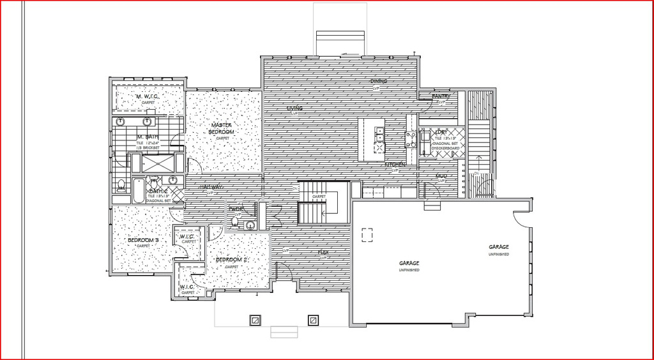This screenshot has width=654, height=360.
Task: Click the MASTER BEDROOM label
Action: coord(222,128)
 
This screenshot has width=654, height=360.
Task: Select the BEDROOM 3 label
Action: coord(143,241)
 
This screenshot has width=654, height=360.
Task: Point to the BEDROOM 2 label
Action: coord(231,260)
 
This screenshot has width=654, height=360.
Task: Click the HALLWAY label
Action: coord(211,186)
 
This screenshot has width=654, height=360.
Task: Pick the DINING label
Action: coord(379,82)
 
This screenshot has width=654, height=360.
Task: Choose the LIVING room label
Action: coord(294,109)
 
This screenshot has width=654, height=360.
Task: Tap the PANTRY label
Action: coord(441,97)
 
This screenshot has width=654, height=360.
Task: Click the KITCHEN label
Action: coord(395,165)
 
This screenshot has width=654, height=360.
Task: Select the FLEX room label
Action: coord(324,253)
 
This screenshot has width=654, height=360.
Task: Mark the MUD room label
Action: coord(441,176)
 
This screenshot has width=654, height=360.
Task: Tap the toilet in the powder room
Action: coord(235,221)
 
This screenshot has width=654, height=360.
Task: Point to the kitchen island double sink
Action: coord(379,135)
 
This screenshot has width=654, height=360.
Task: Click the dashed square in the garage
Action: coord(367,235)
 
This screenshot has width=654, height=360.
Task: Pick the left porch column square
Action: coord(255,320)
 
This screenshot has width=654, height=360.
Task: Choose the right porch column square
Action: coord(313,320)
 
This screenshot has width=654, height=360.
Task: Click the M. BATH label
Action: coord(148,137)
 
